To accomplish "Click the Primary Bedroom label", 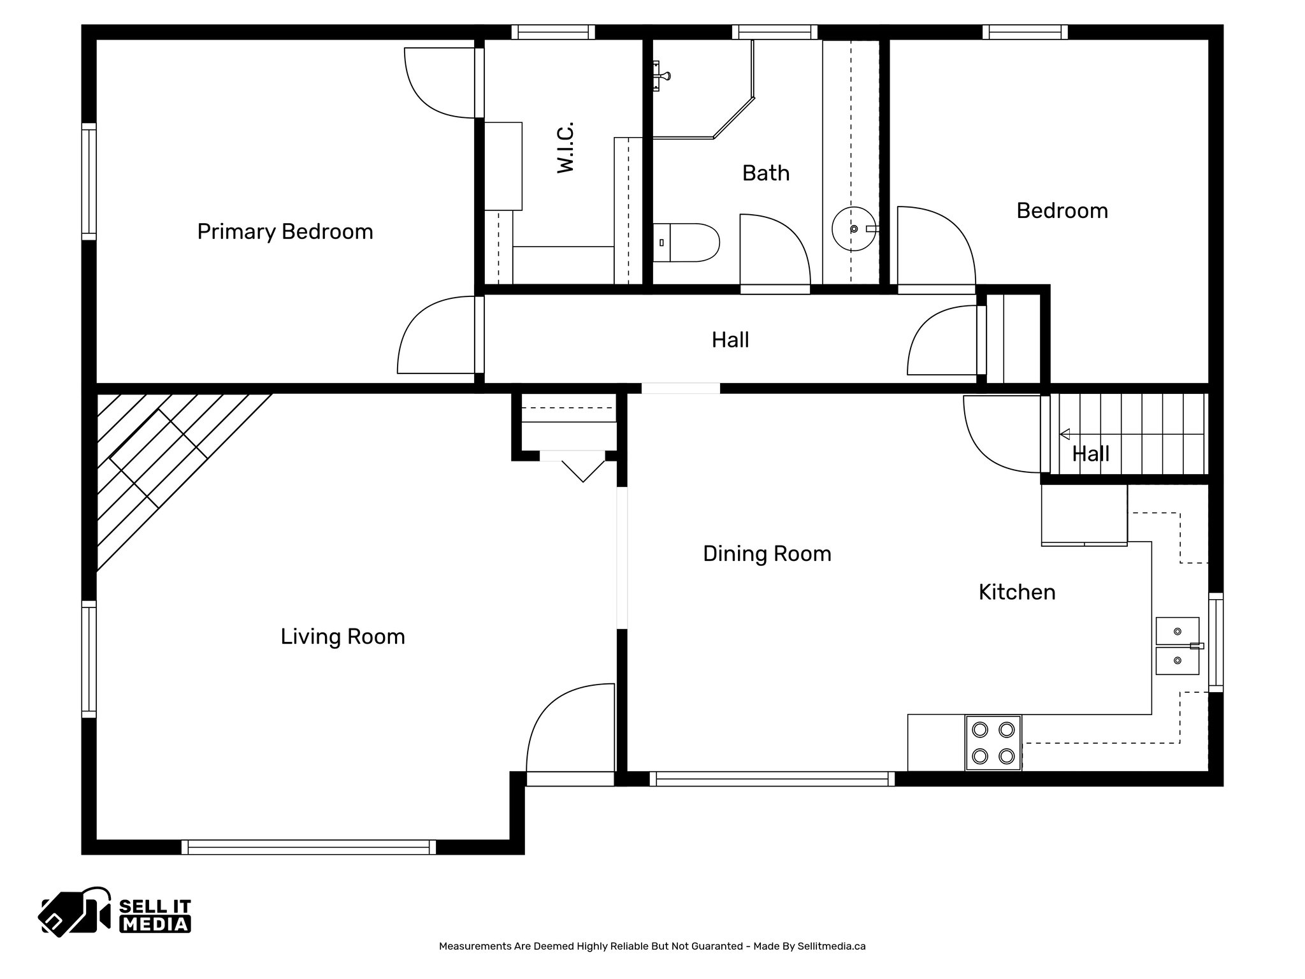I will click(285, 231).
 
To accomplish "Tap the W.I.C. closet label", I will click(566, 147).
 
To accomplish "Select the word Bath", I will click(765, 173).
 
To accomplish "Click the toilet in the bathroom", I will click(686, 242).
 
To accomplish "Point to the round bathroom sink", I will click(853, 229).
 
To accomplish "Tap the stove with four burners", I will click(993, 743).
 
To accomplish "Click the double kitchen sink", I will click(1178, 646).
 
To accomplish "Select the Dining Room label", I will click(767, 554).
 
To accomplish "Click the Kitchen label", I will click(1016, 592).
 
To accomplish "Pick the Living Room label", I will click(343, 637).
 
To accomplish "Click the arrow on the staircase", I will click(1065, 435).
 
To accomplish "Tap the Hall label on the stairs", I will click(1090, 454).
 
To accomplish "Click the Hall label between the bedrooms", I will click(730, 340).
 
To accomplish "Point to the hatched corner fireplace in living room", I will click(159, 459).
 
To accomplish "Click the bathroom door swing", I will click(774, 252).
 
